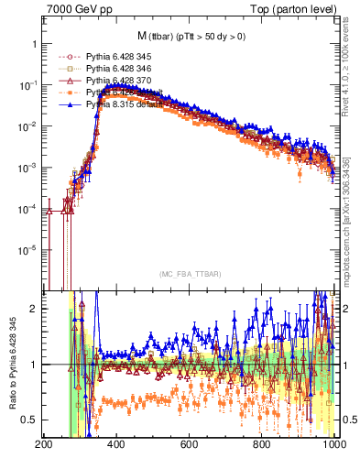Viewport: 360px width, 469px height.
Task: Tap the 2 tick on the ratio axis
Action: tap(33, 309)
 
